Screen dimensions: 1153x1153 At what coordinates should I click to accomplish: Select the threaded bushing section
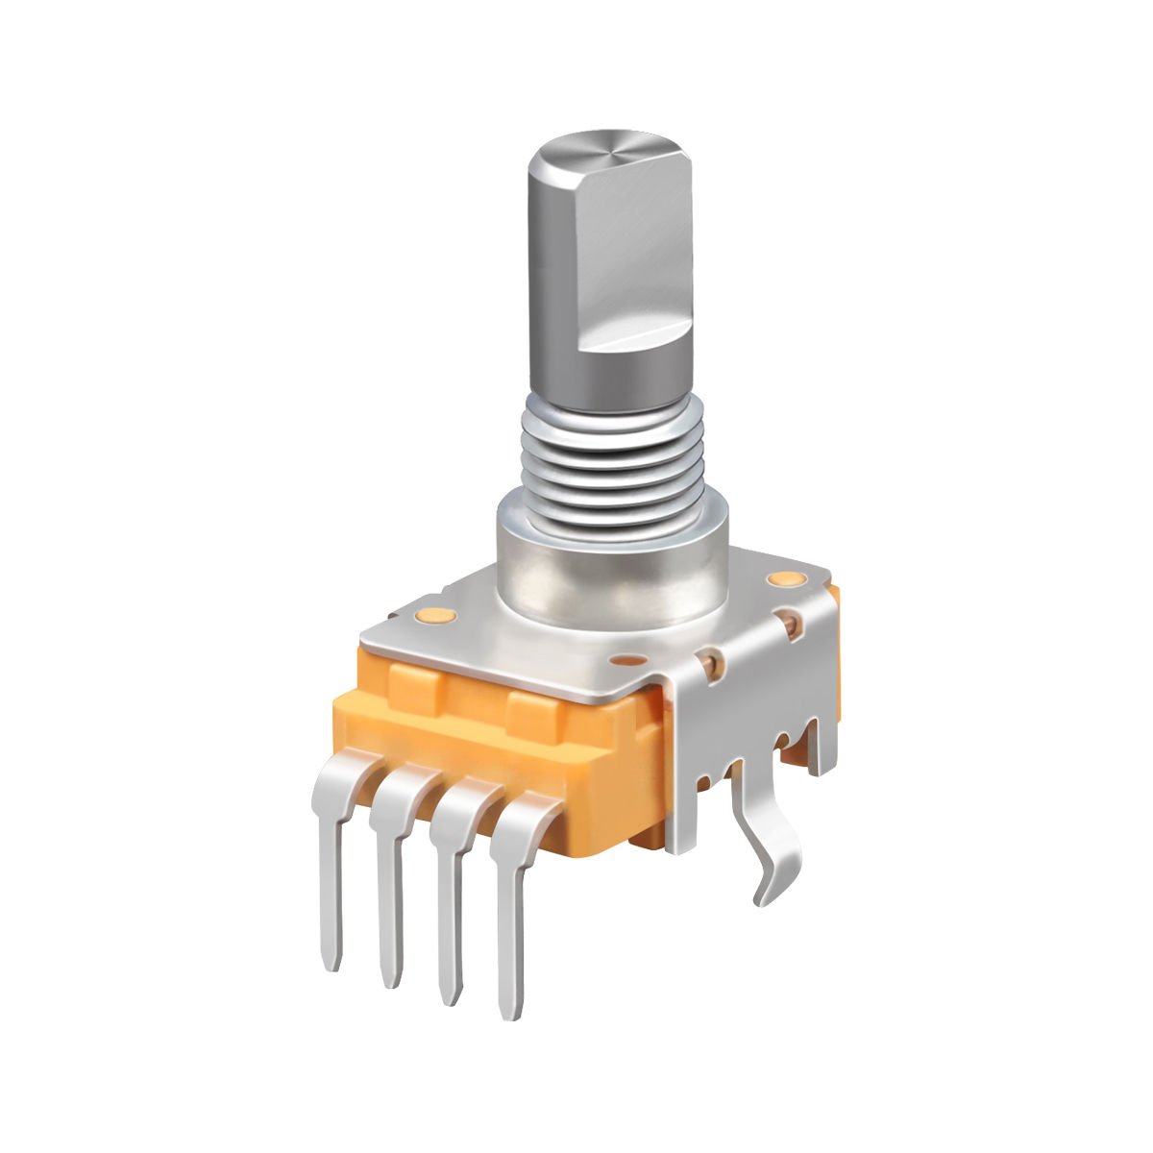click(610, 452)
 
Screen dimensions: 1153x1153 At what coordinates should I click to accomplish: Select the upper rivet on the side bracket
click(792, 624)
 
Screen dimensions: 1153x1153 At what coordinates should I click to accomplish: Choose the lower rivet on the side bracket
click(712, 661)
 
